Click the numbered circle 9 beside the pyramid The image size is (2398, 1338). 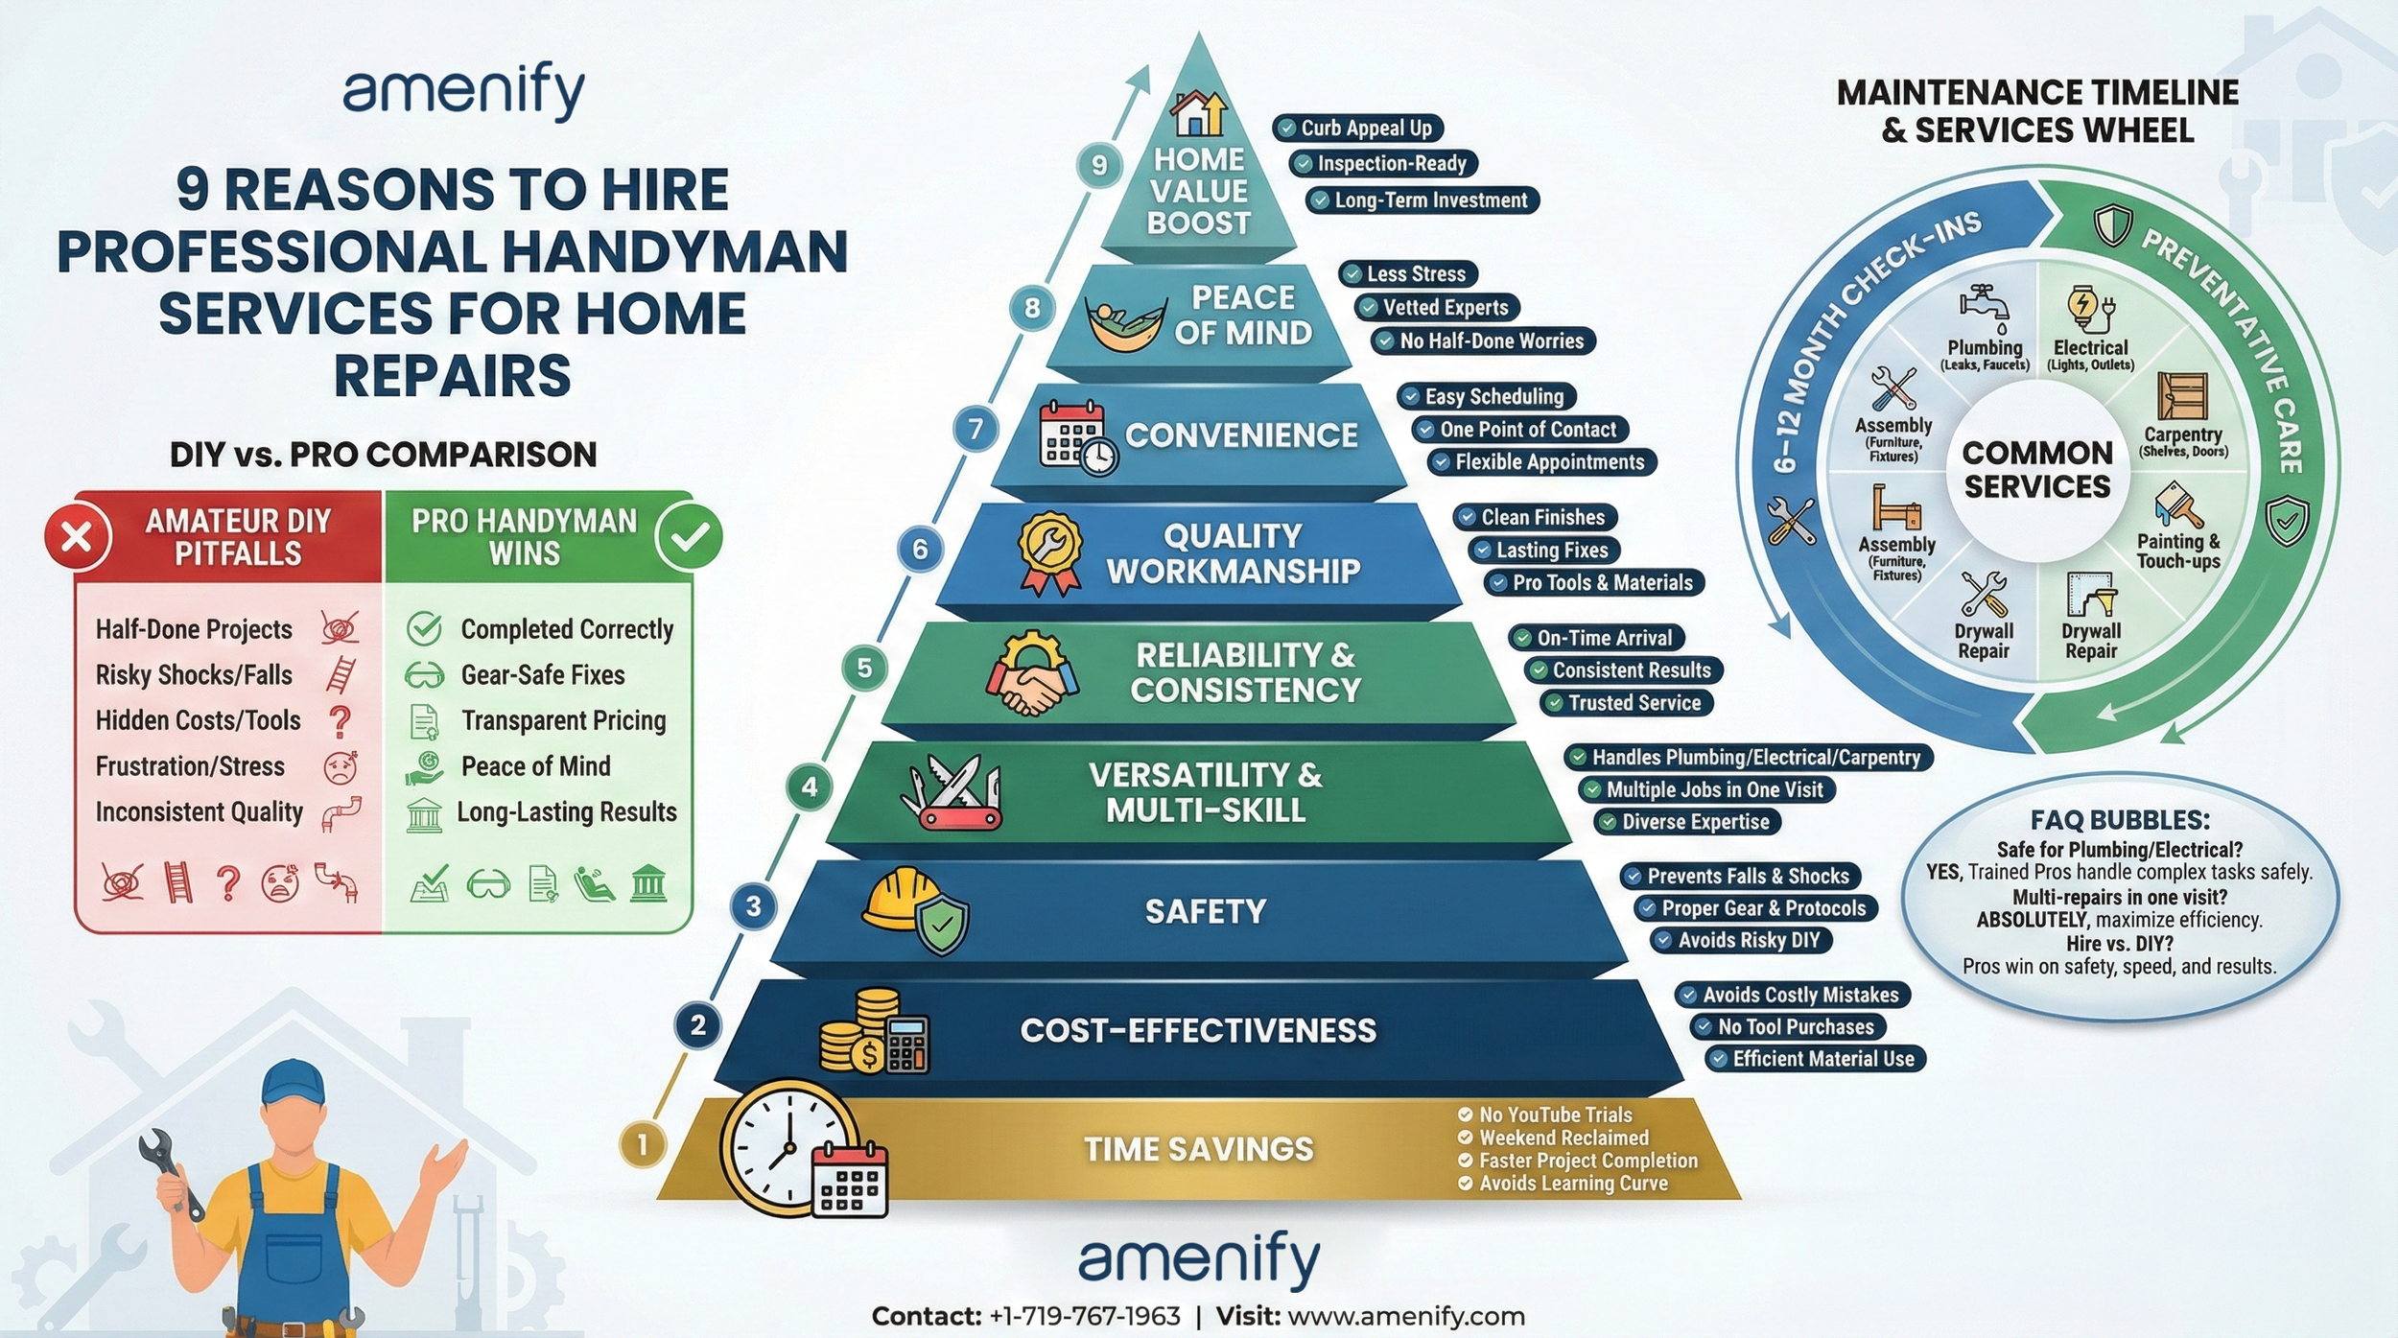pyautogui.click(x=1099, y=165)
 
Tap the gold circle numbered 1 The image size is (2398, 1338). pyautogui.click(x=642, y=1143)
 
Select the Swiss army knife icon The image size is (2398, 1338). pyautogui.click(x=951, y=791)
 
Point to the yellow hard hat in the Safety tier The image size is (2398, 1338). pyautogui.click(x=900, y=899)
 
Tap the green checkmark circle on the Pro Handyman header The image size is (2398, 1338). pyautogui.click(x=689, y=536)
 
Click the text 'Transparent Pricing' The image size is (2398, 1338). pyautogui.click(x=563, y=720)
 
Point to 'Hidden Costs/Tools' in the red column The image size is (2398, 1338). pyautogui.click(x=198, y=720)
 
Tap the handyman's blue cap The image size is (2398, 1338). pyautogui.click(x=292, y=1083)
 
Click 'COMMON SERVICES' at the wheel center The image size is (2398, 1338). pyautogui.click(x=2036, y=469)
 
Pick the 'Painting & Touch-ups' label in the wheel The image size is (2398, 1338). pyautogui.click(x=2177, y=551)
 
